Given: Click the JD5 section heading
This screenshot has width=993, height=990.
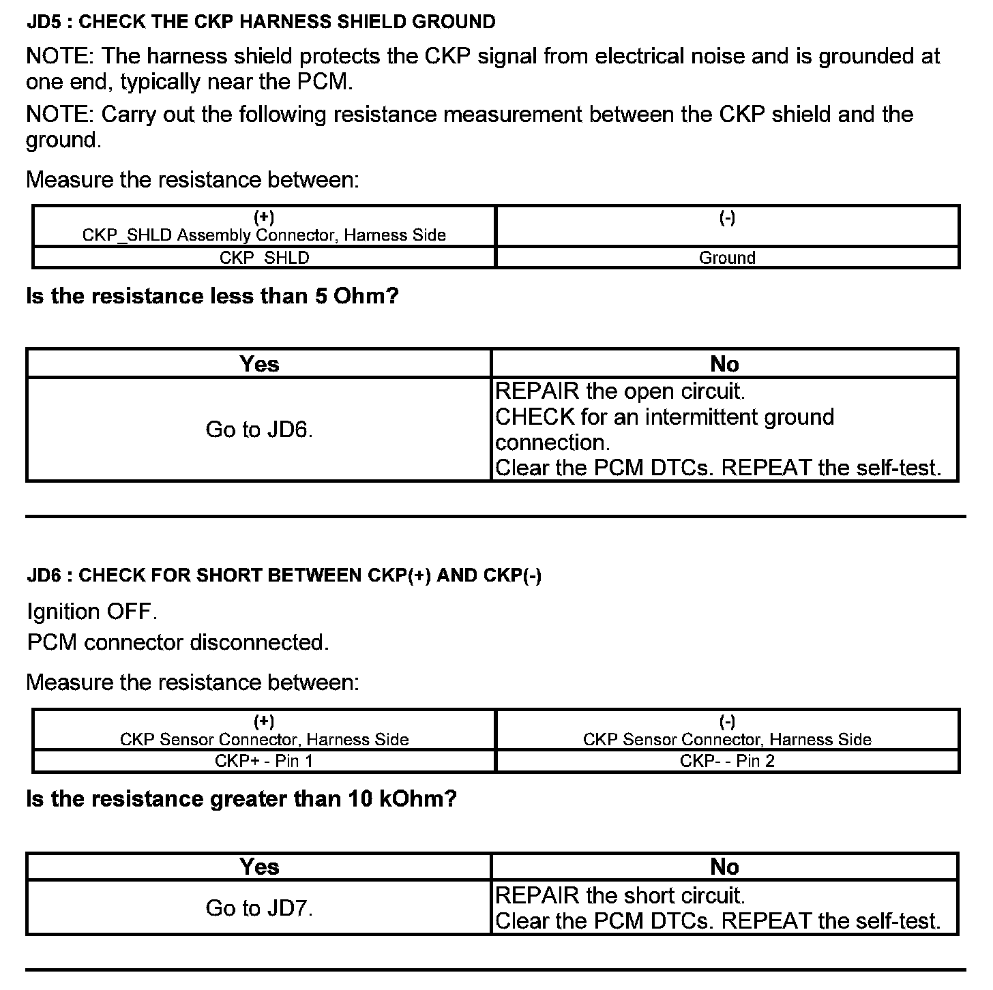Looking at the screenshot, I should pyautogui.click(x=261, y=22).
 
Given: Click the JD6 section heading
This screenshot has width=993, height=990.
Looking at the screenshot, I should pyautogui.click(x=284, y=575).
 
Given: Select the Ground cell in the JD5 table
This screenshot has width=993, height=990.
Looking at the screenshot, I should pyautogui.click(x=727, y=258).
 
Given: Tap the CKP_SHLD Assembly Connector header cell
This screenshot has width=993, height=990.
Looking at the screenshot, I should pyautogui.click(x=264, y=226).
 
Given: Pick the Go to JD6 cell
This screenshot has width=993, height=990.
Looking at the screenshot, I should pyautogui.click(x=259, y=430).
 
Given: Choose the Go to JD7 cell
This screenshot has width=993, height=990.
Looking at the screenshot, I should pyautogui.click(x=259, y=908).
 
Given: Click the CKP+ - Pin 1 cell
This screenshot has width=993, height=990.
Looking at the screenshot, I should pyautogui.click(x=264, y=761).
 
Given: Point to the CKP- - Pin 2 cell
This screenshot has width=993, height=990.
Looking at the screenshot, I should pyautogui.click(x=727, y=761).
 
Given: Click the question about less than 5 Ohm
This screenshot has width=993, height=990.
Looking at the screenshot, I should pyautogui.click(x=212, y=297).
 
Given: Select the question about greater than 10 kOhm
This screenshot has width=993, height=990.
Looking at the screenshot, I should pyautogui.click(x=241, y=798).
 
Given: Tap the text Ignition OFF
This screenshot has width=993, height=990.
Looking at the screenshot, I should pyautogui.click(x=92, y=612).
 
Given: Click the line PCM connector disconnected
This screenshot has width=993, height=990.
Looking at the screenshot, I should pyautogui.click(x=177, y=642).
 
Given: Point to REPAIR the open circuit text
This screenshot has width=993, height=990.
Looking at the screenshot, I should pyautogui.click(x=620, y=391).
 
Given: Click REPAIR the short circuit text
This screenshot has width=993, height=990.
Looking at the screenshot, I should pyautogui.click(x=620, y=895).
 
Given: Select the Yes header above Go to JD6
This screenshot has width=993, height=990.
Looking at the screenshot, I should pyautogui.click(x=259, y=364).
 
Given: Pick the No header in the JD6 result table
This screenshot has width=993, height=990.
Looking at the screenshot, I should pyautogui.click(x=724, y=867).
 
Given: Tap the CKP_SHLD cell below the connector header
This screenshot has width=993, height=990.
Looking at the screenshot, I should pyautogui.click(x=264, y=258).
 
